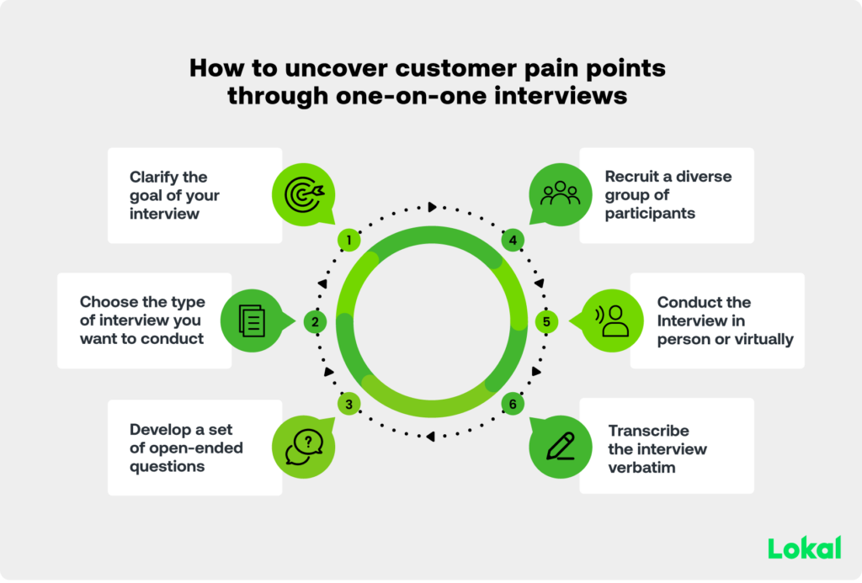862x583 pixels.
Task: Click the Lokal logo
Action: (804, 548)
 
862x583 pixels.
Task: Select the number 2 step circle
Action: (314, 321)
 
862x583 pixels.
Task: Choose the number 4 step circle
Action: (513, 241)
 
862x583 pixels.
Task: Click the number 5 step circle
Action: (546, 321)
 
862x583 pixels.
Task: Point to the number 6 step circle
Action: (513, 404)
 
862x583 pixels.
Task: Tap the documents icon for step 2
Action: (252, 321)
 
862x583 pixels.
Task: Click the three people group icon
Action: (560, 193)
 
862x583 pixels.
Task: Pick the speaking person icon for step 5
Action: (610, 321)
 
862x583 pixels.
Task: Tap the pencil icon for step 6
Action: (560, 446)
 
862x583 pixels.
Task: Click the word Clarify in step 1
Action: (157, 177)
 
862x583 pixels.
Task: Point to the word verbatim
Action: (641, 467)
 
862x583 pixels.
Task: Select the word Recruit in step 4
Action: (632, 177)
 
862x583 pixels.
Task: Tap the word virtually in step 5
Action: (762, 339)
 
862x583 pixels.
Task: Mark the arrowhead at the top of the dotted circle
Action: (432, 206)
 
